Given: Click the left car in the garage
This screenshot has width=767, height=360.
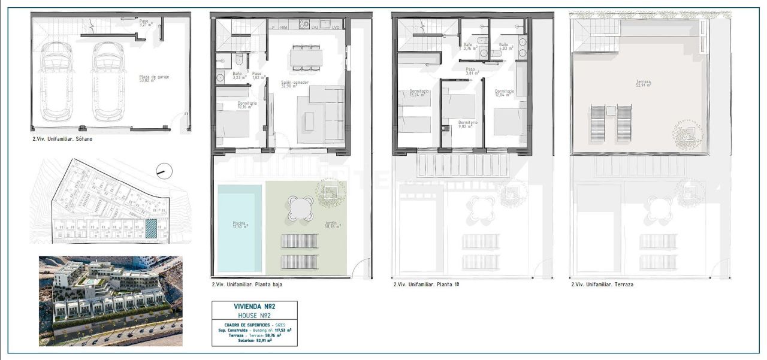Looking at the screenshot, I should tap(58, 80).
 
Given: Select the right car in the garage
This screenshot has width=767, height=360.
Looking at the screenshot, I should tap(108, 80).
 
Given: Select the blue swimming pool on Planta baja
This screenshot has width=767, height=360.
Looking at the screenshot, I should tap(240, 228).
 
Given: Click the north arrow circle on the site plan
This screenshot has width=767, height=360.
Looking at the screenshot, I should tap(163, 171).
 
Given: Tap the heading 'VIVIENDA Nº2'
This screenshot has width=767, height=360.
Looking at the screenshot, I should tap(254, 306).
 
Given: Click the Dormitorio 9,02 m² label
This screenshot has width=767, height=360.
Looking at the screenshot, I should tap(468, 124).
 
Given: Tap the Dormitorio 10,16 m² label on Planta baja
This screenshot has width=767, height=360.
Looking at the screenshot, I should tap(247, 105).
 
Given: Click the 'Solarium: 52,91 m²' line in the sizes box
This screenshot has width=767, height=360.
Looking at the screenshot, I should tap(254, 340).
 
